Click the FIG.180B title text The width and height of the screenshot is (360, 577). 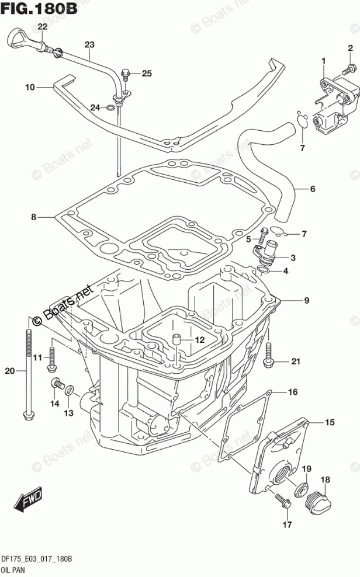(x=40, y=9)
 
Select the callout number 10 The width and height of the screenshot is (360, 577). (x=30, y=88)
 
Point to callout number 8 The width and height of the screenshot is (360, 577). (x=34, y=217)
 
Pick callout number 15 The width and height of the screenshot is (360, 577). (x=329, y=422)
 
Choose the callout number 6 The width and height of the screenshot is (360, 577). (x=313, y=189)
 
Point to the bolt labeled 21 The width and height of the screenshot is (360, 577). (x=269, y=354)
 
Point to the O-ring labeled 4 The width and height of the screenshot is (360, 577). (x=264, y=270)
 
